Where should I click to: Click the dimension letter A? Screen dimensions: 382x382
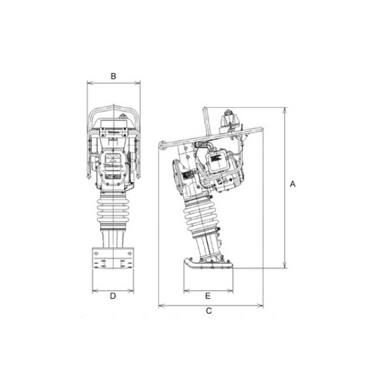coord(293,184)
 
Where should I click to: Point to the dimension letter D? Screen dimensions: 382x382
coord(113,297)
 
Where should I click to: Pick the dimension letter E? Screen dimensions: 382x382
coord(208,295)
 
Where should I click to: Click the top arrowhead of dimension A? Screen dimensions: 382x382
coord(284,110)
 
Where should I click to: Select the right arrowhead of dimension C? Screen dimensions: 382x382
coord(263,304)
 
